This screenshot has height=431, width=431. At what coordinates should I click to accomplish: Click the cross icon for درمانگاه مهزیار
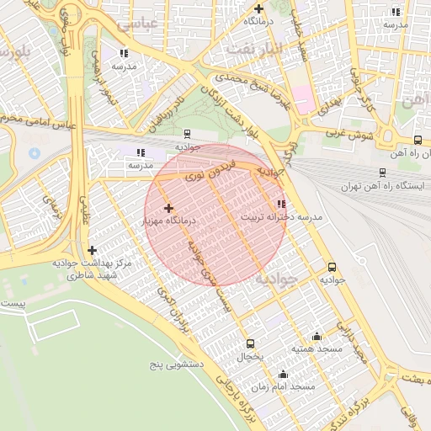click(168, 208)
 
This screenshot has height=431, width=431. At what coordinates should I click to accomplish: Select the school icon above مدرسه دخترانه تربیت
click(280, 204)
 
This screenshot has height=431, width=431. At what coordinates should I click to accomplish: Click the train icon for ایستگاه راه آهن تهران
click(383, 173)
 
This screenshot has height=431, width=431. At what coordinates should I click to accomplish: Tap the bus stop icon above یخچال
click(250, 343)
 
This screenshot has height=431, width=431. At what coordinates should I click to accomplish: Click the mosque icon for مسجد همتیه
click(317, 335)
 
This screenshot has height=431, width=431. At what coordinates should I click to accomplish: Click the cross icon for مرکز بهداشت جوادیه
click(93, 250)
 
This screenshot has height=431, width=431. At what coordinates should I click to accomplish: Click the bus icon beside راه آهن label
click(418, 140)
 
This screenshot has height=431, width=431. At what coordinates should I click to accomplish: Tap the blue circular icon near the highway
click(35, 154)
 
